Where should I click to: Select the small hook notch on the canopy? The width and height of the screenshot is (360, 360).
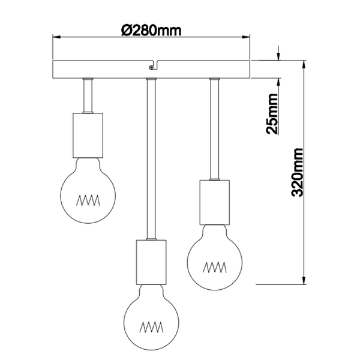tap(151, 64)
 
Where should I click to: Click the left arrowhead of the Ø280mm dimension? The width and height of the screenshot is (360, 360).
tap(56, 37)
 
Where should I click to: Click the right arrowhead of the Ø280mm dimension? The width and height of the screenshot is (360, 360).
tap(247, 37)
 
